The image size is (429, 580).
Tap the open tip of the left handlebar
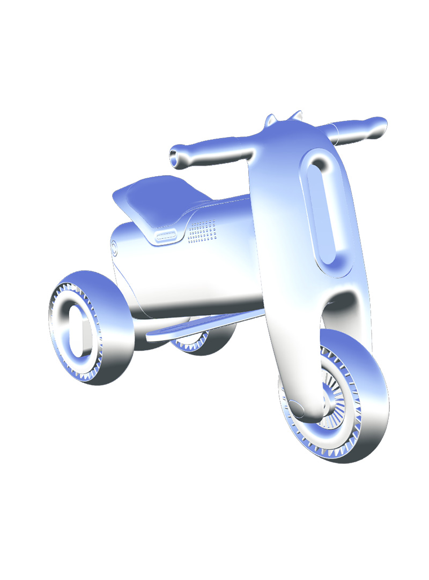175,156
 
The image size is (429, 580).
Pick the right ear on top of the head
295,116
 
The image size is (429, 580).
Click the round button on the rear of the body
114,247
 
